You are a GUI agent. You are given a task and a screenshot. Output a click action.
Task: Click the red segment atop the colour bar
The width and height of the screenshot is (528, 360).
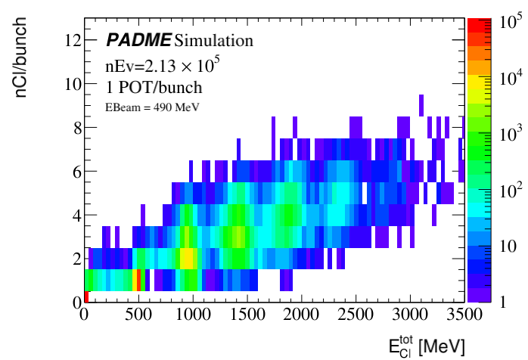point(475,25)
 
